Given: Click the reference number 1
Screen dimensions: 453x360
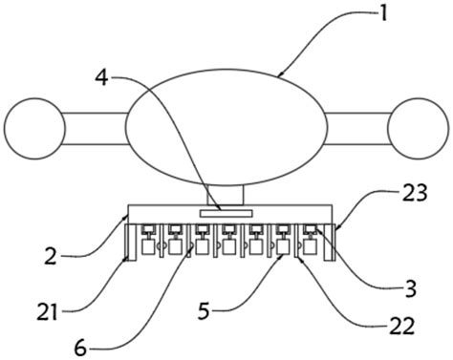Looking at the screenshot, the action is click(x=383, y=13).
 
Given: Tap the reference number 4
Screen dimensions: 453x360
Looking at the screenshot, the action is click(x=102, y=78).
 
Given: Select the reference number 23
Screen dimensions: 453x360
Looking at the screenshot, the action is click(x=414, y=193).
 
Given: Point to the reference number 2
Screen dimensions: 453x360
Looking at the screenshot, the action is click(x=51, y=256).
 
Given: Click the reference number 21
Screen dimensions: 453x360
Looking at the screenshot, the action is click(x=48, y=312).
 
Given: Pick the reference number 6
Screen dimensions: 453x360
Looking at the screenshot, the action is click(x=80, y=349).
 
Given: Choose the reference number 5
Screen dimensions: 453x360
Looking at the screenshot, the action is click(x=204, y=310).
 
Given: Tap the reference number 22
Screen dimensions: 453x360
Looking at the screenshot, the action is click(x=402, y=326).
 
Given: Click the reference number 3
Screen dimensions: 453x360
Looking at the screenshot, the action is click(x=410, y=288).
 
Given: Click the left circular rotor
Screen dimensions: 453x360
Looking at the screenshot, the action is click(x=35, y=128).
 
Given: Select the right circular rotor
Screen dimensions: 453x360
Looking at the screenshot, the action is click(x=418, y=128).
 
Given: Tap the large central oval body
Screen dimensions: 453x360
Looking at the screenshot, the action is click(x=226, y=128).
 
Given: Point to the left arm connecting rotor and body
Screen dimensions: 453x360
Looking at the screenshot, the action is click(x=96, y=128).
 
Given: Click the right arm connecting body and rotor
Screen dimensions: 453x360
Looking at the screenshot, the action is click(x=358, y=128).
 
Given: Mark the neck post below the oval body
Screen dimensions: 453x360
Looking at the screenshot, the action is click(x=226, y=195).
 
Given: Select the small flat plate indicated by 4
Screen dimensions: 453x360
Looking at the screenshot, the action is click(x=226, y=213).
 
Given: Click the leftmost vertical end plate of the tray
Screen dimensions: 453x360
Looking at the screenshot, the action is click(x=127, y=243).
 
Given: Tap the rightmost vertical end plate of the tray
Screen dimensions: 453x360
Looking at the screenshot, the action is click(x=334, y=243).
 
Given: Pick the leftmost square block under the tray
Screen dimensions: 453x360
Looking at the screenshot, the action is click(x=148, y=247).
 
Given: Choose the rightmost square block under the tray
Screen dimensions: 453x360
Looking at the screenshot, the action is click(x=310, y=247).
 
